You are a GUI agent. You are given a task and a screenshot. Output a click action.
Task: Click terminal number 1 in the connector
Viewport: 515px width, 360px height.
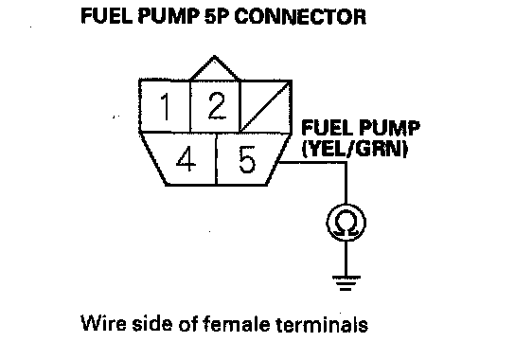point(165,106)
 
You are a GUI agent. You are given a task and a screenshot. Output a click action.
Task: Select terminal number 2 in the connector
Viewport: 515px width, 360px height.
point(216,106)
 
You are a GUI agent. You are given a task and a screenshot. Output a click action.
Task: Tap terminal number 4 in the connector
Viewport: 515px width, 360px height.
point(186,159)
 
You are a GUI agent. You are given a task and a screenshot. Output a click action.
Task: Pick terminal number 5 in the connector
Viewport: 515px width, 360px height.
point(247,159)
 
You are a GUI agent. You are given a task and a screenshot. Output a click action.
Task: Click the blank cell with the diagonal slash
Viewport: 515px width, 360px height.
point(266,106)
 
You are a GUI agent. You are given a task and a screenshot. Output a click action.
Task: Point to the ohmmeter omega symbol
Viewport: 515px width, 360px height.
point(346,223)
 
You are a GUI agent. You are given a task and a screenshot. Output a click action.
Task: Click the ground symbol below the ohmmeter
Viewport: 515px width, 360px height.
point(346,283)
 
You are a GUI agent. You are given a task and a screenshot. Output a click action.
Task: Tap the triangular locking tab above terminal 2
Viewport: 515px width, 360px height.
point(215,68)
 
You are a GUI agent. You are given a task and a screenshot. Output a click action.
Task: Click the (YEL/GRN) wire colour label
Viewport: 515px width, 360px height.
point(355,150)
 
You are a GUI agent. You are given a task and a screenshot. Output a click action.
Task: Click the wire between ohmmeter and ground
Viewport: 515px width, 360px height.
point(346,259)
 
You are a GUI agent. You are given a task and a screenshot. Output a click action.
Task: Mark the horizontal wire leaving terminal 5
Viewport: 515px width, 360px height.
point(312,162)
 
